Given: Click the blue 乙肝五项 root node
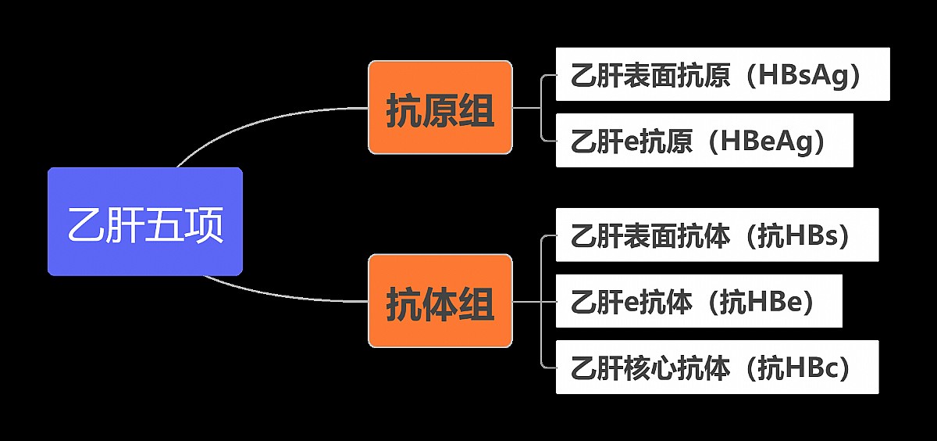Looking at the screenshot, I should point(145,221).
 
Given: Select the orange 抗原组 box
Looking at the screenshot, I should point(440,107).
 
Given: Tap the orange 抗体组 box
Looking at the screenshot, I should point(440,301).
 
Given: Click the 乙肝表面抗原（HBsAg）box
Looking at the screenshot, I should point(722,74).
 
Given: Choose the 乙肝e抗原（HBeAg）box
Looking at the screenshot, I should point(704,141).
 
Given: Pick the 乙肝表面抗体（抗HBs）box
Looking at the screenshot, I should point(717,235).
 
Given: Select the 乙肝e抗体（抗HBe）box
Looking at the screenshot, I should point(699,301).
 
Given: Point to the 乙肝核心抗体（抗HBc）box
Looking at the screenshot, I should point(717,367).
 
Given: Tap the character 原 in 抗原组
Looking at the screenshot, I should point(440,110).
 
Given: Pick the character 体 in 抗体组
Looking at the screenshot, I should point(440,304).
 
